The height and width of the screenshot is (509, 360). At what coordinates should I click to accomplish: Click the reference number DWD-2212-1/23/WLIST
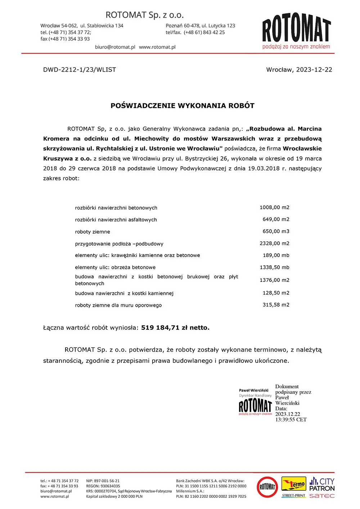tap(80, 70)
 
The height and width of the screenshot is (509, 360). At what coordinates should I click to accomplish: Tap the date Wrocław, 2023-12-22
tap(299, 70)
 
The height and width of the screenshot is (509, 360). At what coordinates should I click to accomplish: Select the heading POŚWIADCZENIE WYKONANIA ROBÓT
tap(183, 106)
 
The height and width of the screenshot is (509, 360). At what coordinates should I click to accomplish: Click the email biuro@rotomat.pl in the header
tap(115, 47)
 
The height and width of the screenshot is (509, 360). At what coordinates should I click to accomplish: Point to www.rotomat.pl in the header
tap(157, 47)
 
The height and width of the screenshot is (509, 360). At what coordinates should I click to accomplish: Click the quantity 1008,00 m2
tap(274, 208)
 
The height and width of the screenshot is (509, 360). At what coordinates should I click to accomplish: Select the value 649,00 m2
tap(276, 219)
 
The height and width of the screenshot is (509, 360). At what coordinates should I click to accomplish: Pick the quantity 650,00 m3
tap(276, 231)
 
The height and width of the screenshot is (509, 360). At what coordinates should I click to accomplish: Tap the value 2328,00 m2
tap(274, 243)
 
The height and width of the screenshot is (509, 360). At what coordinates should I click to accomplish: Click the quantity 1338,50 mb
tap(274, 267)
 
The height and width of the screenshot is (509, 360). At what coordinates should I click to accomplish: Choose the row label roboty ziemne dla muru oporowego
tap(118, 305)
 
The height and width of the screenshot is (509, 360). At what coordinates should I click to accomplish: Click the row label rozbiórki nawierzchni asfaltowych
tap(116, 220)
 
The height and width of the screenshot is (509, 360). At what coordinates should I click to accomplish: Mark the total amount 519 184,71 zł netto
tap(175, 328)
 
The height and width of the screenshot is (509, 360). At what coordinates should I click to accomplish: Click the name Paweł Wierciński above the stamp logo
tap(254, 391)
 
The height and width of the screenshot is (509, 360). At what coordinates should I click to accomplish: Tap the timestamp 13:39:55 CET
tap(291, 420)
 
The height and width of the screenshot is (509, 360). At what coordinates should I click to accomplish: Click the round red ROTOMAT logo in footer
tap(267, 487)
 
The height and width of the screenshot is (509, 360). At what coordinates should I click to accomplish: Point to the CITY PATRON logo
tap(322, 485)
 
